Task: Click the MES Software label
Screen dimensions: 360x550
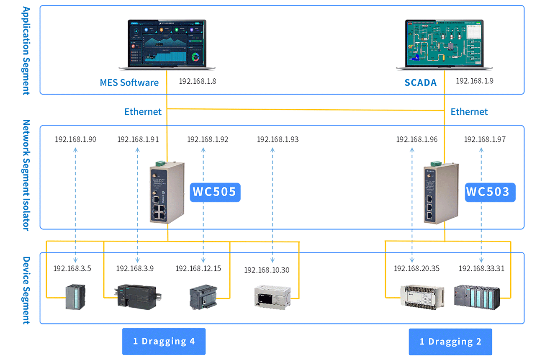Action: [129, 82]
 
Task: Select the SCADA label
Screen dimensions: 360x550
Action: [420, 82]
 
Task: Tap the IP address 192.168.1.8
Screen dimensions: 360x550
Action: [197, 81]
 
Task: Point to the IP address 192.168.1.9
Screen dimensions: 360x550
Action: [474, 81]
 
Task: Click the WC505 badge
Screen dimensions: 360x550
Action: [215, 192]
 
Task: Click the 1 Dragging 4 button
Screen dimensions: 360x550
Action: [164, 342]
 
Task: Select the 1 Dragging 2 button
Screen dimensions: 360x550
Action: [450, 342]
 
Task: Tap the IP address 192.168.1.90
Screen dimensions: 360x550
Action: [75, 139]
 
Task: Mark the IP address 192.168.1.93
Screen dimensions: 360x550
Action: [278, 139]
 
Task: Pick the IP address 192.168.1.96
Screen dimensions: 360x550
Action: [417, 139]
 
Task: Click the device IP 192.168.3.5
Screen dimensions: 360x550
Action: [72, 269]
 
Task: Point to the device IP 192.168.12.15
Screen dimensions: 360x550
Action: [198, 269]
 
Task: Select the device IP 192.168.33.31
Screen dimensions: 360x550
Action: [481, 269]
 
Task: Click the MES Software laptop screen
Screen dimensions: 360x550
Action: [167, 43]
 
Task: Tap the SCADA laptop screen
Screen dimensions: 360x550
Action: [444, 42]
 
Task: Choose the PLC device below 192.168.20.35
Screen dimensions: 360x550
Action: [421, 297]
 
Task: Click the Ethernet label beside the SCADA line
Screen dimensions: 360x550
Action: [469, 112]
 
